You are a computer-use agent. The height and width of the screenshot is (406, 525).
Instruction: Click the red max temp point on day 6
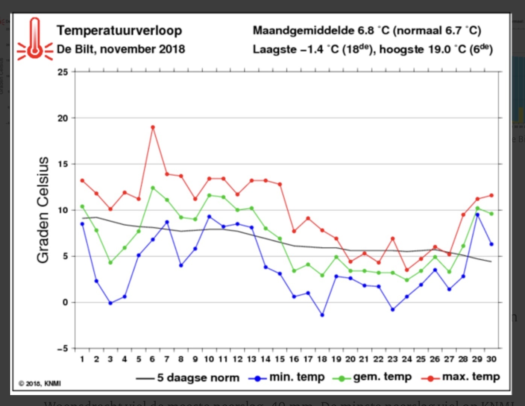tap(153, 127)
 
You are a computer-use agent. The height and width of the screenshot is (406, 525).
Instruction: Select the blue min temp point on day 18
tap(322, 315)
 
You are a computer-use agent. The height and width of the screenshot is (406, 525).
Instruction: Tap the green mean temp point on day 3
tap(110, 263)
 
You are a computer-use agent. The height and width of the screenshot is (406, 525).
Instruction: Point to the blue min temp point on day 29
tap(477, 215)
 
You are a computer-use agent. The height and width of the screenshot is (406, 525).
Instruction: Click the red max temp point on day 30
tap(492, 195)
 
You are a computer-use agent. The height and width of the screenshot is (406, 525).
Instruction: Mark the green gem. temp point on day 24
tap(407, 280)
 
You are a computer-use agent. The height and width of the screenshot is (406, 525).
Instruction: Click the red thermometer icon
tap(35, 39)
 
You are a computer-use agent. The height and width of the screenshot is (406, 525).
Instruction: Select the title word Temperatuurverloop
tap(119, 30)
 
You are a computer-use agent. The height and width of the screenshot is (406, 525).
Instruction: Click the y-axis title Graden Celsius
tap(43, 210)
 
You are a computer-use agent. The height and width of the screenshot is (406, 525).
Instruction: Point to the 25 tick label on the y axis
tap(63, 72)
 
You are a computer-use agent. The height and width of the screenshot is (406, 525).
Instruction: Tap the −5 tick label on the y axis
tap(62, 349)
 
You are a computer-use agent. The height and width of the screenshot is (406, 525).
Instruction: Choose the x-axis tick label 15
tap(279, 359)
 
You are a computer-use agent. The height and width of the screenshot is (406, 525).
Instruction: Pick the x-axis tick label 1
tap(82, 359)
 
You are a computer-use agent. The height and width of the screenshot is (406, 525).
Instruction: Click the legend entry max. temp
tap(470, 377)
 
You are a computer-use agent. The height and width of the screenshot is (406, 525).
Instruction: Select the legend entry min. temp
tap(296, 377)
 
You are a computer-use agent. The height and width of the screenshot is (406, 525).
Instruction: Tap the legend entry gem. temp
tap(382, 377)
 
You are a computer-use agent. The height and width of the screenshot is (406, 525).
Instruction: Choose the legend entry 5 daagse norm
tap(198, 377)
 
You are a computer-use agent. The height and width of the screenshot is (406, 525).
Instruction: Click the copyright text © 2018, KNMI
tap(40, 383)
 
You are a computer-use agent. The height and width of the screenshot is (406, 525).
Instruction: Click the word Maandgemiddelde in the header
tap(303, 30)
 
